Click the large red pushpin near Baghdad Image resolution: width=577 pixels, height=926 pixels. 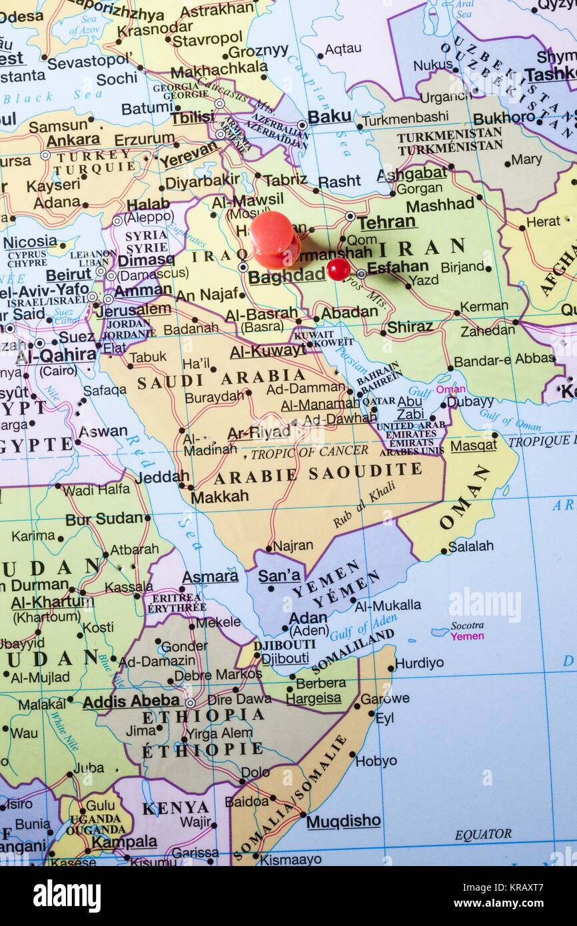274,238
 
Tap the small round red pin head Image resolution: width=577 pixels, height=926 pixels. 338,269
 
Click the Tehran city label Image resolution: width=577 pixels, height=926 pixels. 386,223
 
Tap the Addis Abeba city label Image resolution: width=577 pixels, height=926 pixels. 131,701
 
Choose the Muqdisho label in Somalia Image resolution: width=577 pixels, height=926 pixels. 343,821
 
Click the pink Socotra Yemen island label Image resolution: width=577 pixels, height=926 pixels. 467,631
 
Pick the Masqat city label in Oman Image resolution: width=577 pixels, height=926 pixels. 473,444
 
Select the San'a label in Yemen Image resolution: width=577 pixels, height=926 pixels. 279,576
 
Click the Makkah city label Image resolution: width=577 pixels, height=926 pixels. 219,496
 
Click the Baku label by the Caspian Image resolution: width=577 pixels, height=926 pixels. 329,117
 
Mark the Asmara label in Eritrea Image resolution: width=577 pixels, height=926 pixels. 210,577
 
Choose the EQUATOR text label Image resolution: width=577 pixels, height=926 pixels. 483,834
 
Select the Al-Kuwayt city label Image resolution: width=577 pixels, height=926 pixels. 268,351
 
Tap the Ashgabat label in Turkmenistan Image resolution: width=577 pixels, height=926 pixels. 412,174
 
